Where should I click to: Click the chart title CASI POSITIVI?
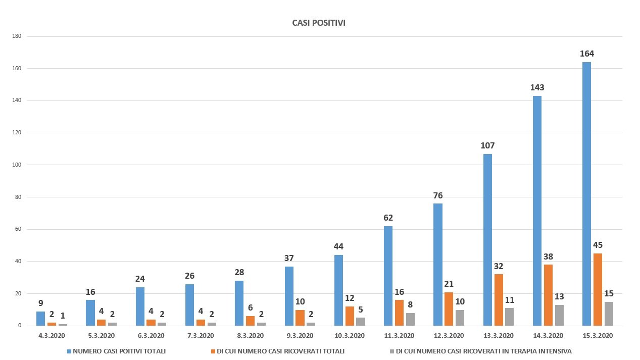(319, 23)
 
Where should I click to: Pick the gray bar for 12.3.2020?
(460, 318)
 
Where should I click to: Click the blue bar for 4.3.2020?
(41, 319)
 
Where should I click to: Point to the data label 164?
(587, 54)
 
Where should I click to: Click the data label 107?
(487, 145)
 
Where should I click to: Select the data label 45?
(598, 245)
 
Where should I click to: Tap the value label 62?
(388, 218)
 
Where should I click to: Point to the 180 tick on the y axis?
(17, 36)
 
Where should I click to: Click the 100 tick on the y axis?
(17, 165)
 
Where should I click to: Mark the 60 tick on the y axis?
(18, 229)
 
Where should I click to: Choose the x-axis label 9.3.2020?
(300, 335)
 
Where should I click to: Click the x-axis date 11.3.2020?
(400, 335)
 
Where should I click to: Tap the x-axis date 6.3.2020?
(151, 335)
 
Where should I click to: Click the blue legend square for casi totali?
(69, 351)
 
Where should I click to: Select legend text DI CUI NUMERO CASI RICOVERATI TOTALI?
(280, 351)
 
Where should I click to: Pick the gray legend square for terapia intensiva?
(392, 351)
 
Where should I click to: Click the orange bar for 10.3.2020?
(350, 316)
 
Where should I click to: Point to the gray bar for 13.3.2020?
(509, 317)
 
